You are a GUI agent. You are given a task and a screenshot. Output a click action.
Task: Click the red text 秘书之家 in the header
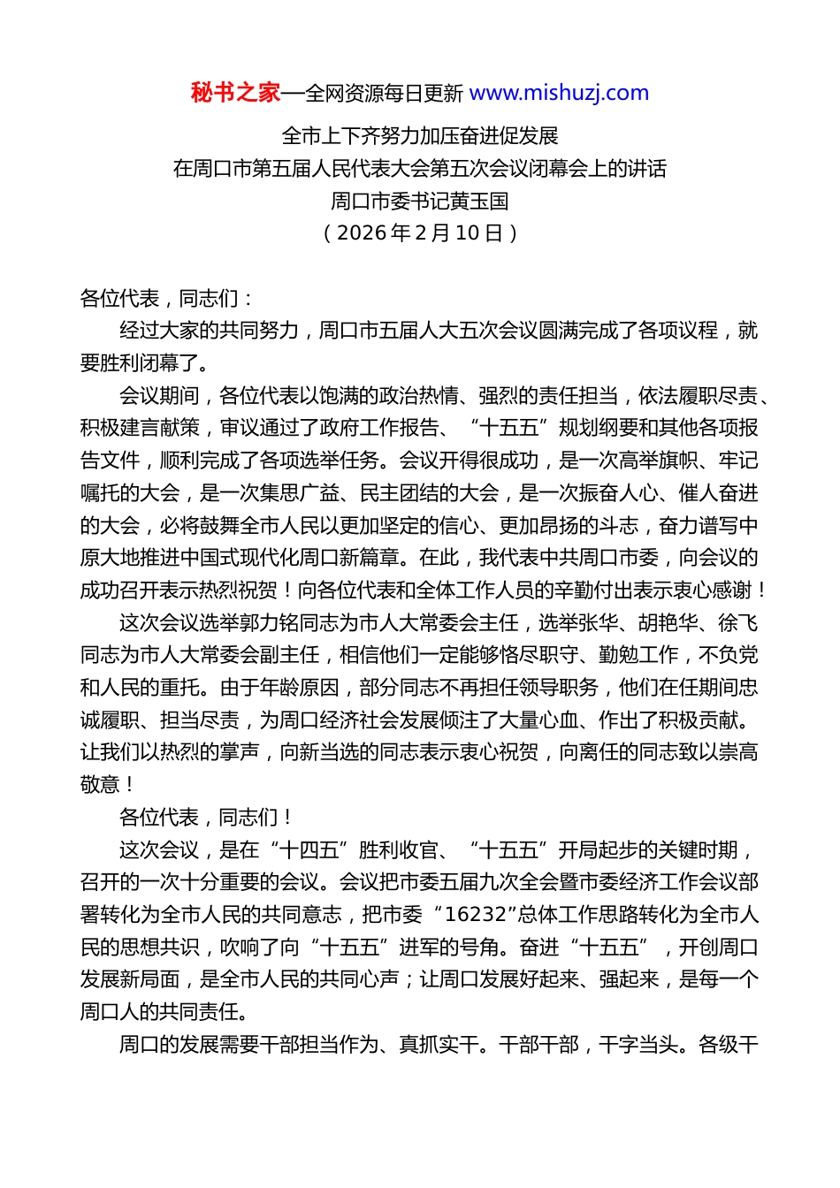[x=235, y=93]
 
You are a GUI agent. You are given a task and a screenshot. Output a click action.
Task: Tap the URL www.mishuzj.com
[x=559, y=93]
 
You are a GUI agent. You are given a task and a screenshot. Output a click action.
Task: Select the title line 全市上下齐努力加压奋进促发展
[x=420, y=136]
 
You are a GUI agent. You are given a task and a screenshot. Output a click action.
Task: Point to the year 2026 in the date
[x=362, y=233]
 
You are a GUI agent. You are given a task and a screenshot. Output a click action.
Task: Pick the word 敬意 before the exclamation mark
[x=100, y=785]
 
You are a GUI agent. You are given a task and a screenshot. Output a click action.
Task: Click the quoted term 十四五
[x=309, y=850]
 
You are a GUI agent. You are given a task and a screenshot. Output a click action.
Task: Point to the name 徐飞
[x=738, y=623]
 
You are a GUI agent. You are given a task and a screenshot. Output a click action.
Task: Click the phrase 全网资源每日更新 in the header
[x=385, y=93]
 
